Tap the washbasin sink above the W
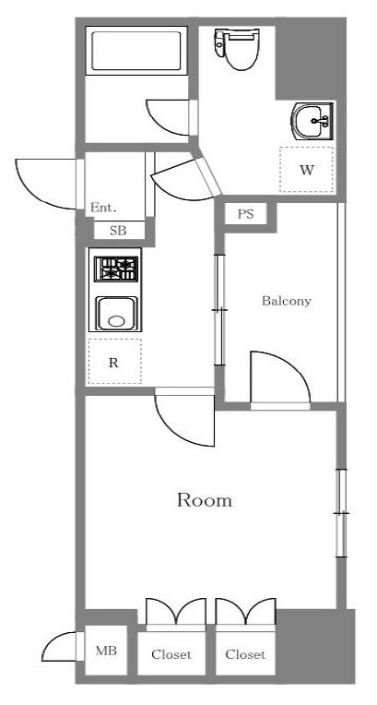[x=312, y=121]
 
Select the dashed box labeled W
[x=306, y=170]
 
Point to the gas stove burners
[x=116, y=269]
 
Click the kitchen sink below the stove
[x=115, y=314]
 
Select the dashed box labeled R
[x=114, y=362]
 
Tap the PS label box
[x=244, y=214]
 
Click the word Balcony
[x=286, y=301]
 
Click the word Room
[x=204, y=501]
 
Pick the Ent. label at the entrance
[x=103, y=209]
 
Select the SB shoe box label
[x=118, y=231]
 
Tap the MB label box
[x=106, y=651]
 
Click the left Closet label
[x=171, y=654]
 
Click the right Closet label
[x=246, y=654]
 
